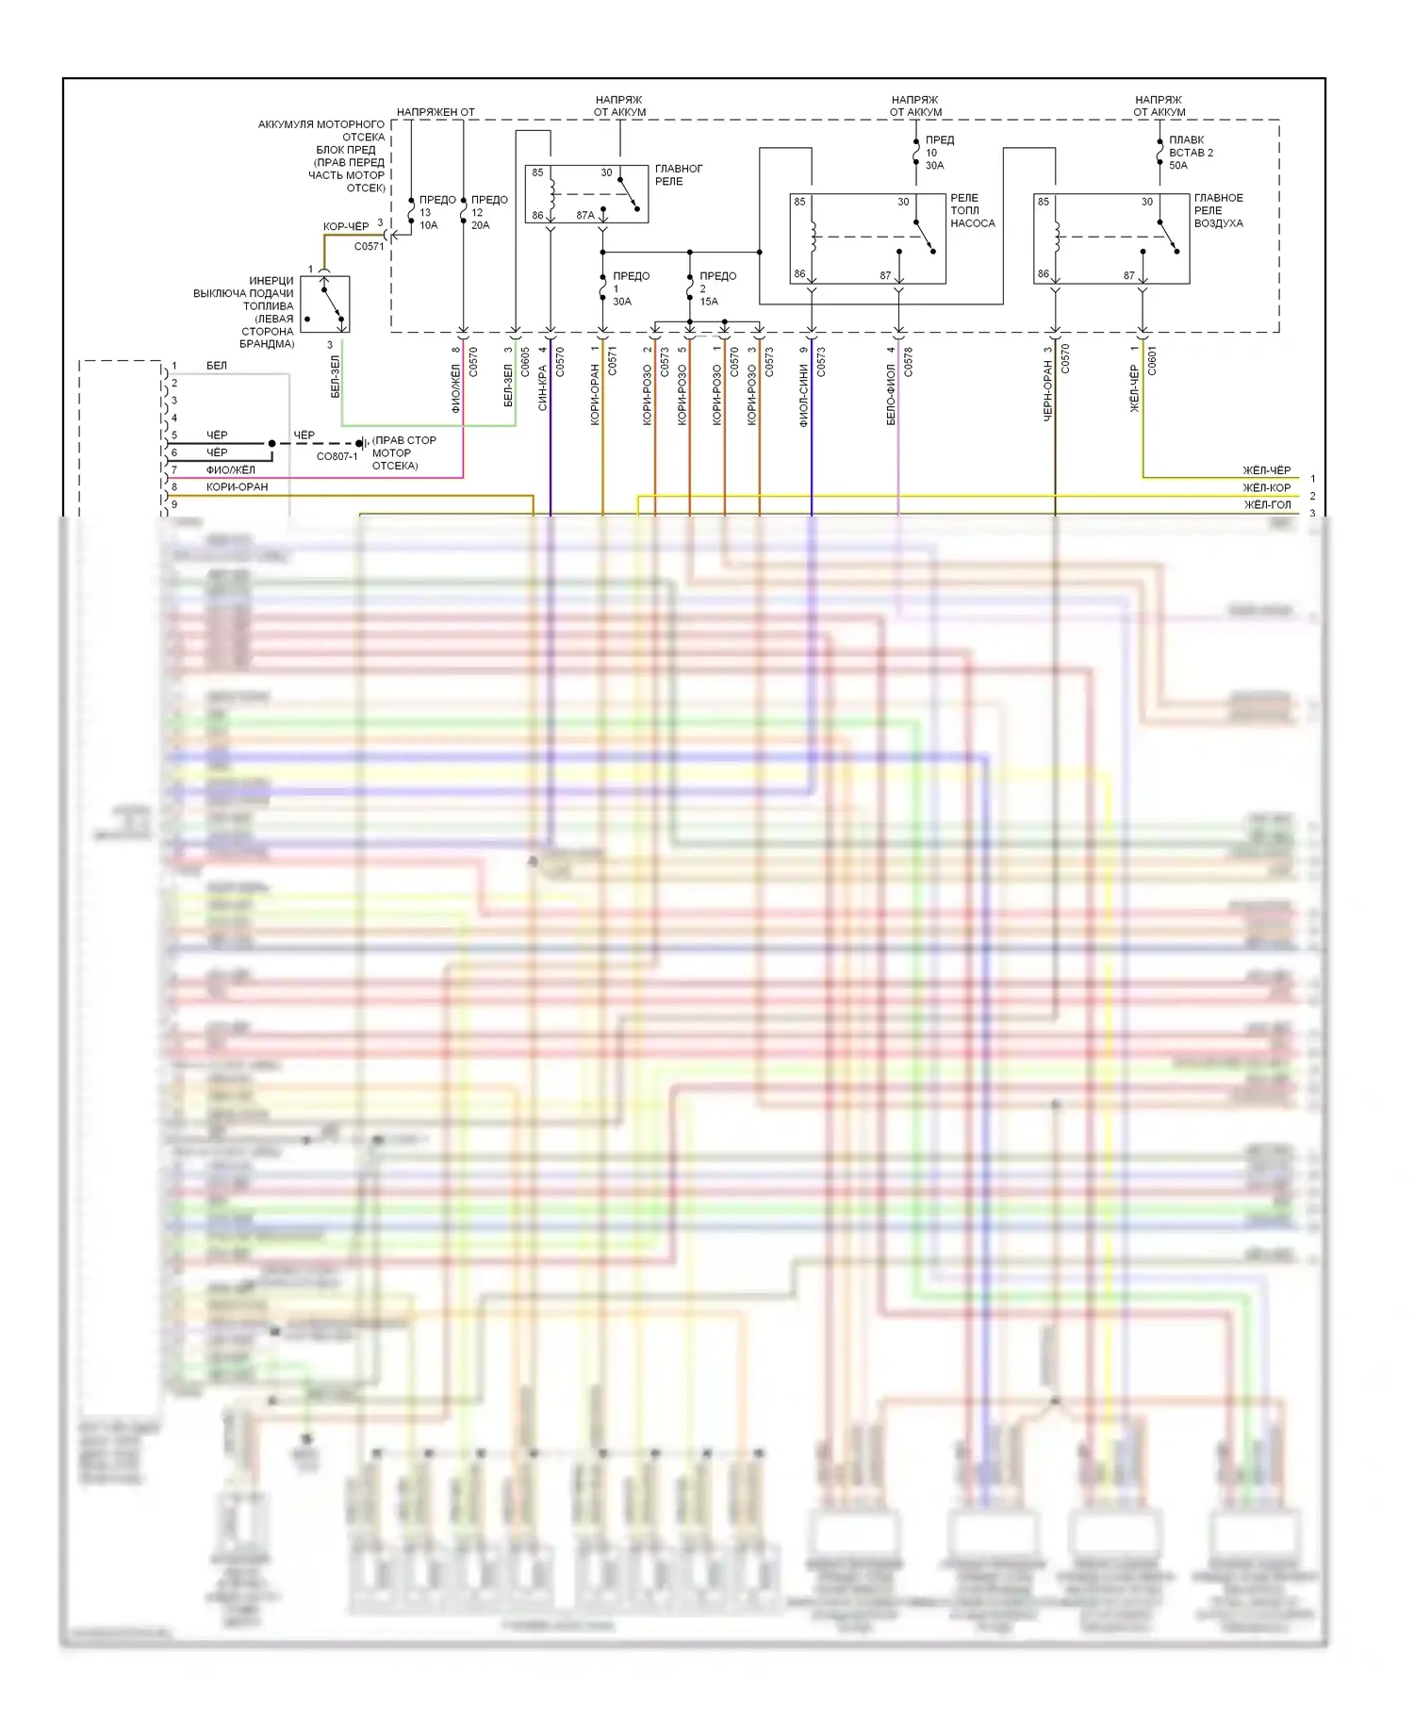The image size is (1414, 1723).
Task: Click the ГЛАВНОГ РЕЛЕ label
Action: click(678, 174)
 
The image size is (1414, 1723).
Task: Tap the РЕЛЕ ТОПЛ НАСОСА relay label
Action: click(972, 210)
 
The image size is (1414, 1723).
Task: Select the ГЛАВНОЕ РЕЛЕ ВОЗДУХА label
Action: click(1218, 210)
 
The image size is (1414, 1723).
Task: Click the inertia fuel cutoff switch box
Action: click(324, 304)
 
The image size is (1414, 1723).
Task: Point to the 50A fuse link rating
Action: click(1178, 165)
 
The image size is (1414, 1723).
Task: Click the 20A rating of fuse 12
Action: click(480, 225)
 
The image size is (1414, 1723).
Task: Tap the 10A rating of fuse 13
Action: click(428, 225)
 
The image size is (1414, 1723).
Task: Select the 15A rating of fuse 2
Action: click(709, 302)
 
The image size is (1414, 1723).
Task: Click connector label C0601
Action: click(1152, 361)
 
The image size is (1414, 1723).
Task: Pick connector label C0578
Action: click(908, 361)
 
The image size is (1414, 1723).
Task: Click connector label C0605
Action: click(525, 363)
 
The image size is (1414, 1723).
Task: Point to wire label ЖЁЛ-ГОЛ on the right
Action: click(1267, 505)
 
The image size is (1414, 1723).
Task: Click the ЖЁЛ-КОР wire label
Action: click(1266, 488)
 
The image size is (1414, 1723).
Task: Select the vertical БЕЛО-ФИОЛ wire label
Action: click(891, 395)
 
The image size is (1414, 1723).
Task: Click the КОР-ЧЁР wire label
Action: click(346, 226)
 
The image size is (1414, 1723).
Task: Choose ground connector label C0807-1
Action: click(337, 456)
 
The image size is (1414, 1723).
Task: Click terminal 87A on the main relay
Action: click(585, 216)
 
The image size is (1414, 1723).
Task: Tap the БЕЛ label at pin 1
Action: click(217, 366)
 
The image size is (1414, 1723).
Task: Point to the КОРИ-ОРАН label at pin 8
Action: click(237, 487)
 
